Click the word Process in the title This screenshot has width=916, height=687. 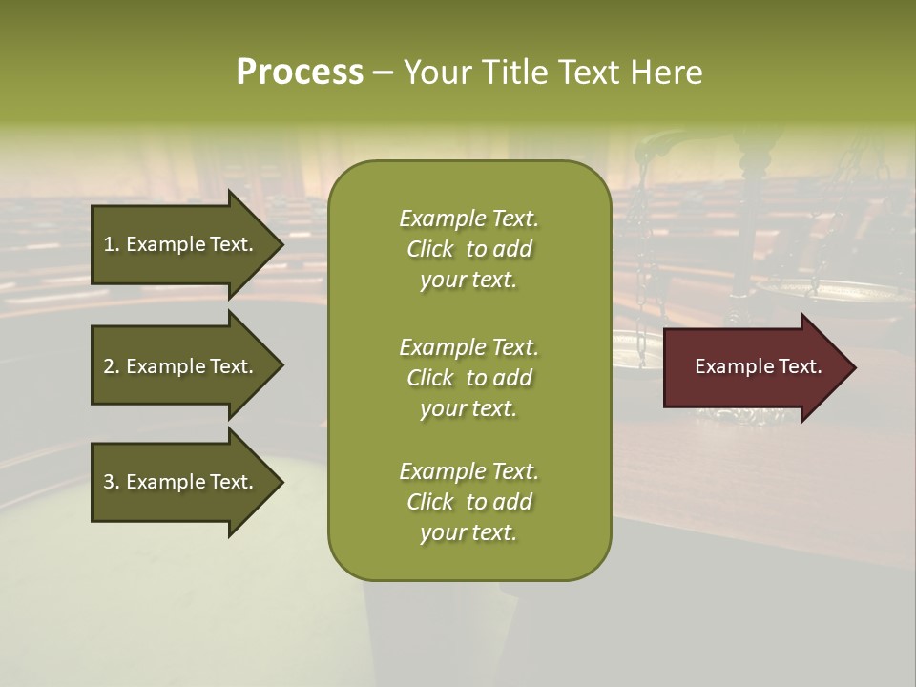[300, 73]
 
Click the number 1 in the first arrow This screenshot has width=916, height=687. [109, 244]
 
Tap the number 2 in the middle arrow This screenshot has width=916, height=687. [110, 366]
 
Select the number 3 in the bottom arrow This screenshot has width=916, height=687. [110, 482]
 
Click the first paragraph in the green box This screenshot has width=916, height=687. [468, 249]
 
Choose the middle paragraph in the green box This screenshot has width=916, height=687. [468, 378]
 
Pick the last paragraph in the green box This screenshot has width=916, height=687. [468, 502]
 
